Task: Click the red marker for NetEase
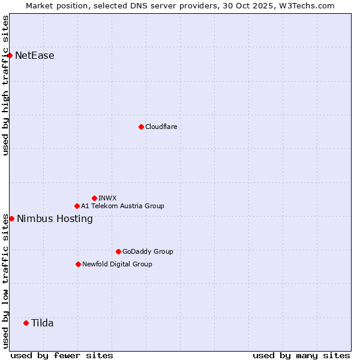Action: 10,56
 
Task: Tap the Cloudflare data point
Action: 141,127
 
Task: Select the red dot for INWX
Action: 94,198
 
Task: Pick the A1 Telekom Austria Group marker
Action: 77,206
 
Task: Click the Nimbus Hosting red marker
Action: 11,218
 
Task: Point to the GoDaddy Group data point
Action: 118,251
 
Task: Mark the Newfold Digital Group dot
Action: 78,264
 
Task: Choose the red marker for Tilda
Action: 26,323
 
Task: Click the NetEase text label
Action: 35,56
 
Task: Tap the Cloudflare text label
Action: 161,127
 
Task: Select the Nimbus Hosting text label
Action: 55,218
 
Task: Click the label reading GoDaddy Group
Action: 147,251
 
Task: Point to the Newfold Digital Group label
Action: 117,264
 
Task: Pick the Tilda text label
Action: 42,323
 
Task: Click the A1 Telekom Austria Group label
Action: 122,206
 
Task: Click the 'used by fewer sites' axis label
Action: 62,355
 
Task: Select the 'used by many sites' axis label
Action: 301,355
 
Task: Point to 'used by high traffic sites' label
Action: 5,85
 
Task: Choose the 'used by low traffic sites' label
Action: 5,280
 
